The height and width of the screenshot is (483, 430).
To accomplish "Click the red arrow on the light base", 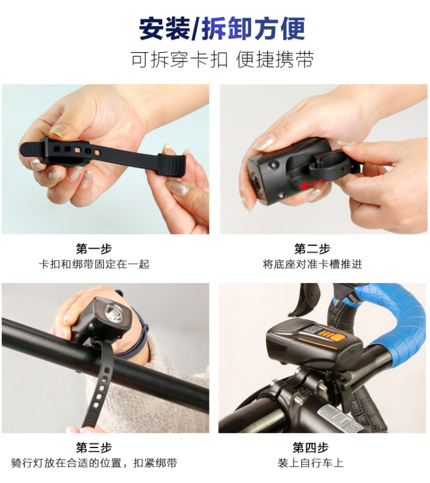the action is tap(311, 184).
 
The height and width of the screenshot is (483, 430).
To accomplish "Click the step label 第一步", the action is tap(94, 249).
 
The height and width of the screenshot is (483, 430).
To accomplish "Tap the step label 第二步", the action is tap(312, 249).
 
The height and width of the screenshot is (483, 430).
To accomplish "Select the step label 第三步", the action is tap(94, 447).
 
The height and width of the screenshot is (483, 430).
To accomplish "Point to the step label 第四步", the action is tap(311, 447).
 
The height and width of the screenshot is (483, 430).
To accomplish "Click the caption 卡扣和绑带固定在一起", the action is tap(94, 264).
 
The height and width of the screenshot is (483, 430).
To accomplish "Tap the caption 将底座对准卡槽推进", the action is tap(312, 264).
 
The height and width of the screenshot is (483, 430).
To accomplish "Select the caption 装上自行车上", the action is tap(311, 463).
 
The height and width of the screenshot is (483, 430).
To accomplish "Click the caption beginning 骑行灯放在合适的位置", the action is tap(94, 463).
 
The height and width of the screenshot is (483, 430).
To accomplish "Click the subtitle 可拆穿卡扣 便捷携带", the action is tap(222, 59).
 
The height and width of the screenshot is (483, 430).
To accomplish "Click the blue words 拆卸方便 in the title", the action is tap(253, 28).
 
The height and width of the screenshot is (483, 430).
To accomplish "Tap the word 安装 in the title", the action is tap(164, 28).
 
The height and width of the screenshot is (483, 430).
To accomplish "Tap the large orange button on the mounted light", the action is tap(337, 337).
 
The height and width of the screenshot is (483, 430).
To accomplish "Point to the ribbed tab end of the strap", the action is tap(171, 164).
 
